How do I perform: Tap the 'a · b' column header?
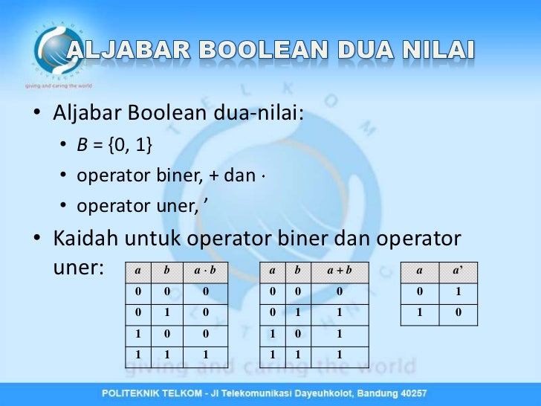pos(204,272)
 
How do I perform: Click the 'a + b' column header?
pos(338,272)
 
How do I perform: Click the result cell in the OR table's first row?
pos(338,292)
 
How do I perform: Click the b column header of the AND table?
pos(167,272)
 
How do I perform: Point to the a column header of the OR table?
pos(273,272)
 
